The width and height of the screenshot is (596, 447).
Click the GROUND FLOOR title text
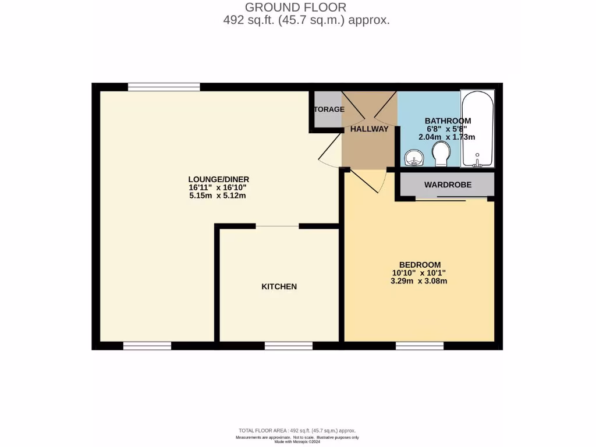tap(295, 8)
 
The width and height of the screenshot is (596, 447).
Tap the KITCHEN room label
tap(279, 286)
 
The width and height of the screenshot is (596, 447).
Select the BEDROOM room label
tap(419, 264)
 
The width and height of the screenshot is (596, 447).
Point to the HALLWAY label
tap(369, 129)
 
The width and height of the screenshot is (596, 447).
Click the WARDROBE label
tap(448, 185)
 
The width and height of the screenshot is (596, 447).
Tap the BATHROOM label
tap(448, 120)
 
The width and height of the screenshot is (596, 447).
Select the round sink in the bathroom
tap(414, 157)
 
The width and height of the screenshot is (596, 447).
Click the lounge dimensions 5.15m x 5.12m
tap(217, 196)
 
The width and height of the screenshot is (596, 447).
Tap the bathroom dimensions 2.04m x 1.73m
tap(447, 137)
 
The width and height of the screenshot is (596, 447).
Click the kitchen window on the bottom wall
tap(288, 346)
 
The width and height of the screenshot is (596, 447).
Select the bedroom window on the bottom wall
tap(419, 346)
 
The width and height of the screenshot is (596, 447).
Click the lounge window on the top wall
tap(164, 87)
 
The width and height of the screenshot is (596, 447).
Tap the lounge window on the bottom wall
tap(147, 346)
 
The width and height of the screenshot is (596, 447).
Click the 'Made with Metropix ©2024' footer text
tap(297, 441)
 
